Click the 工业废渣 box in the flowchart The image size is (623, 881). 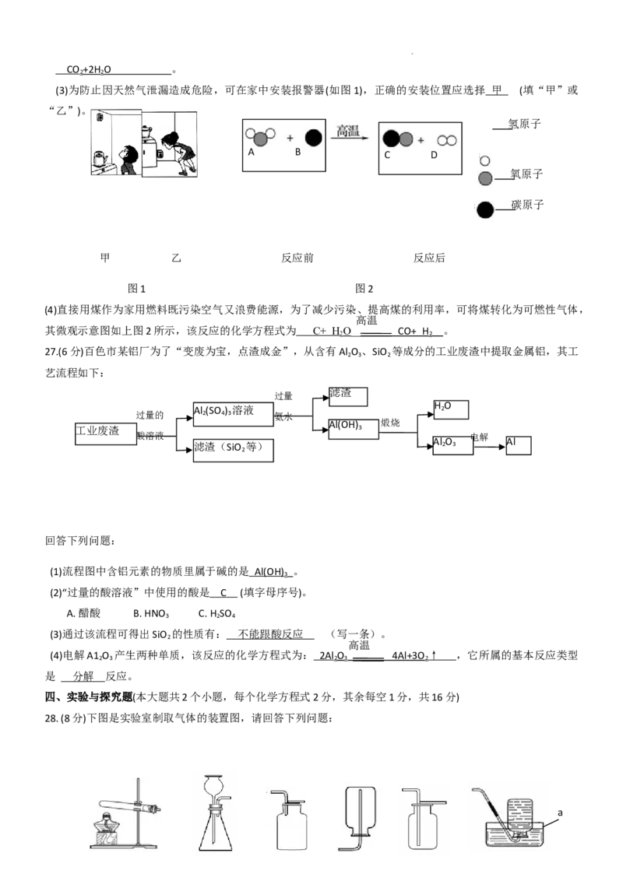click(x=106, y=434)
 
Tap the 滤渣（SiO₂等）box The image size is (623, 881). click(x=233, y=450)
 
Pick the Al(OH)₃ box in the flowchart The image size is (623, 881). click(x=353, y=429)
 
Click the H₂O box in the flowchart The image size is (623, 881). click(x=451, y=409)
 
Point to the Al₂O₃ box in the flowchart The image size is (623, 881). click(x=452, y=445)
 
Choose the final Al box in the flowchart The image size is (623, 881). click(x=519, y=445)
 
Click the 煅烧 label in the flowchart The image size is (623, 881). click(x=390, y=423)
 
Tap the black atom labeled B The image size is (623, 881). click(x=313, y=138)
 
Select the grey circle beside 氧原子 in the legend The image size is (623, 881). click(x=484, y=178)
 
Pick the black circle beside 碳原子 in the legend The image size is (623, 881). click(x=485, y=209)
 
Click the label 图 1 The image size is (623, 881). click(x=136, y=288)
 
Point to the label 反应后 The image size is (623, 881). click(x=429, y=258)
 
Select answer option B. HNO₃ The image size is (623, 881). click(x=151, y=613)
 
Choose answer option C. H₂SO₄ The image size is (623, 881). click(x=217, y=613)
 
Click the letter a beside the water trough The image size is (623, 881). click(x=560, y=813)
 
